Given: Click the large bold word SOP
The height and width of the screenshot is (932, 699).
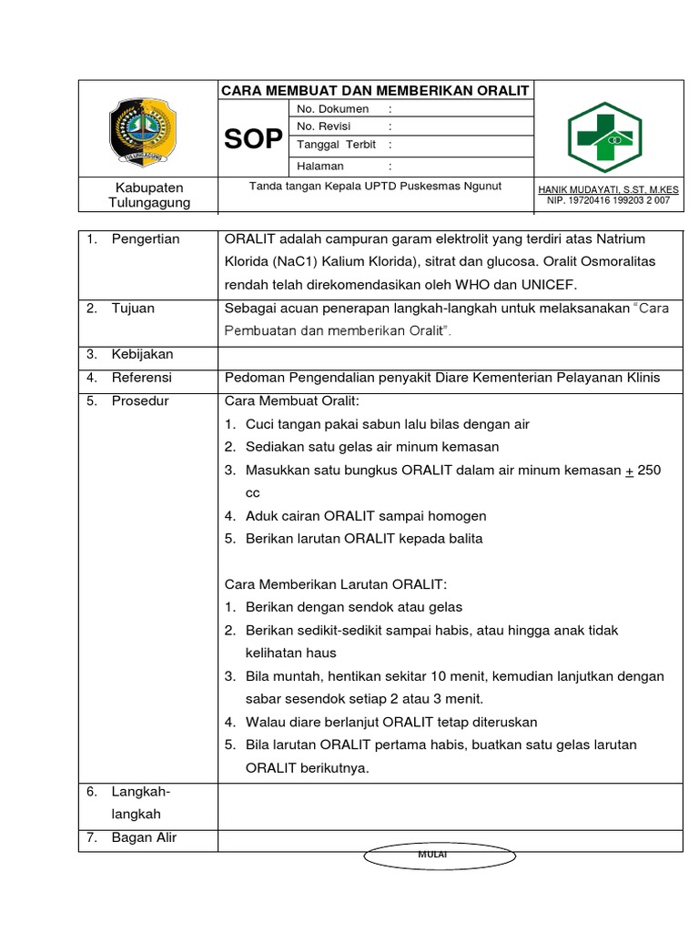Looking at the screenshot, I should tap(252, 139).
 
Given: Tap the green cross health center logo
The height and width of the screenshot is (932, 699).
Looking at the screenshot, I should tap(605, 137).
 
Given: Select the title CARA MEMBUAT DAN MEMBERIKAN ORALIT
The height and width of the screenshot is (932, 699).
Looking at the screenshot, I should tap(375, 90).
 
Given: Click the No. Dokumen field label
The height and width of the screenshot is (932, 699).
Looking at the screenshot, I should tap(332, 109).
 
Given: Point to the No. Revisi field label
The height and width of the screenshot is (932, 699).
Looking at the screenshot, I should tap(324, 127).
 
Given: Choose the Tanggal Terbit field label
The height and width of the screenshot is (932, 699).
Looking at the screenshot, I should tap(336, 145).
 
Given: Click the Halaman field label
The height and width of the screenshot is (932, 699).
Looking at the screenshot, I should tap(319, 166).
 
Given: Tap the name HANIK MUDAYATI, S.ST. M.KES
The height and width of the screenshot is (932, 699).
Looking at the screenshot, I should tap(608, 188).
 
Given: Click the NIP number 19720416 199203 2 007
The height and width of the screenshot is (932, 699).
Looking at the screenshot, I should tap(608, 200).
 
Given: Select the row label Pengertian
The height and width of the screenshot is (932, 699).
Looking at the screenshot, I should tap(146, 239).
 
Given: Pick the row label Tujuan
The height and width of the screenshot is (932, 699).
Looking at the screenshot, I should tap(133, 309).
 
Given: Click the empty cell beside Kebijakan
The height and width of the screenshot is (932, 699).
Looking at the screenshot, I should tap(450, 354).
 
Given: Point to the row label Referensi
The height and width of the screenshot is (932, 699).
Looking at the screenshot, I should tap(141, 378).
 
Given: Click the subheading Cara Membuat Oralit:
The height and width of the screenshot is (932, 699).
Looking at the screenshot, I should tap(288, 401).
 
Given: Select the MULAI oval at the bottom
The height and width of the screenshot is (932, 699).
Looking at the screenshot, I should tap(440, 856).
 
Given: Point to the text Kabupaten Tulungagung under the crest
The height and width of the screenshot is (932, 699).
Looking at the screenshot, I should tap(148, 195).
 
